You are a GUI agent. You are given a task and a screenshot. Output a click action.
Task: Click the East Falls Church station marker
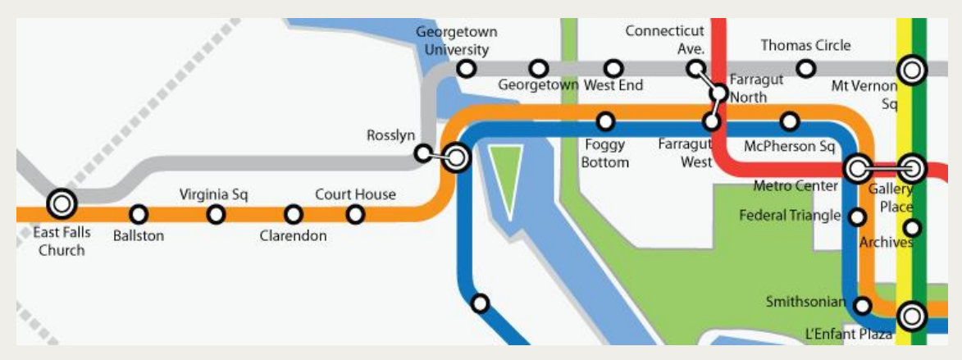click(62, 202)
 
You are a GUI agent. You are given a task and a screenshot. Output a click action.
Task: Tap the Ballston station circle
click(139, 215)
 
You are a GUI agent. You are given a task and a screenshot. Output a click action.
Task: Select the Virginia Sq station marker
click(216, 215)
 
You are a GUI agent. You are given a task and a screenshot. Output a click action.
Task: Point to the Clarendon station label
click(293, 235)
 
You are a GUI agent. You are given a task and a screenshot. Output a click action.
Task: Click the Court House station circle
click(355, 215)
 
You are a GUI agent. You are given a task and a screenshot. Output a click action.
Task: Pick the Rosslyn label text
click(390, 135)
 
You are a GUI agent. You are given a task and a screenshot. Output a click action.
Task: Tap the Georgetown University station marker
click(467, 69)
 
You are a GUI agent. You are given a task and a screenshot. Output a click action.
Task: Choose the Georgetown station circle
click(539, 69)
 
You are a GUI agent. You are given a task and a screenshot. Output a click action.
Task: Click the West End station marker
click(613, 69)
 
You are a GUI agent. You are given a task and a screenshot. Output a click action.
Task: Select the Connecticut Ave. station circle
click(695, 69)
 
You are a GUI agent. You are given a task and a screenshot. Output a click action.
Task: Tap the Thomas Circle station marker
click(807, 69)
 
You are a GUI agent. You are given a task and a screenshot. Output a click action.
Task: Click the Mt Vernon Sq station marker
click(912, 70)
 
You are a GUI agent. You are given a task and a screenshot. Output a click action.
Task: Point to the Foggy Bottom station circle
click(606, 122)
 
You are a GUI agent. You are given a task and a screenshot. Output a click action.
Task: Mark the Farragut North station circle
click(719, 93)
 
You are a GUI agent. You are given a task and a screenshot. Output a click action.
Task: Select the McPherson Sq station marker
click(790, 122)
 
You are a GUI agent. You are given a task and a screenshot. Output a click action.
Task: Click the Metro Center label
click(796, 186)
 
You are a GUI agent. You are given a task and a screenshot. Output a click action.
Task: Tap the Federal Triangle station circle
click(857, 217)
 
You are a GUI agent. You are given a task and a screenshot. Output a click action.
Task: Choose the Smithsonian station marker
click(862, 306)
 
